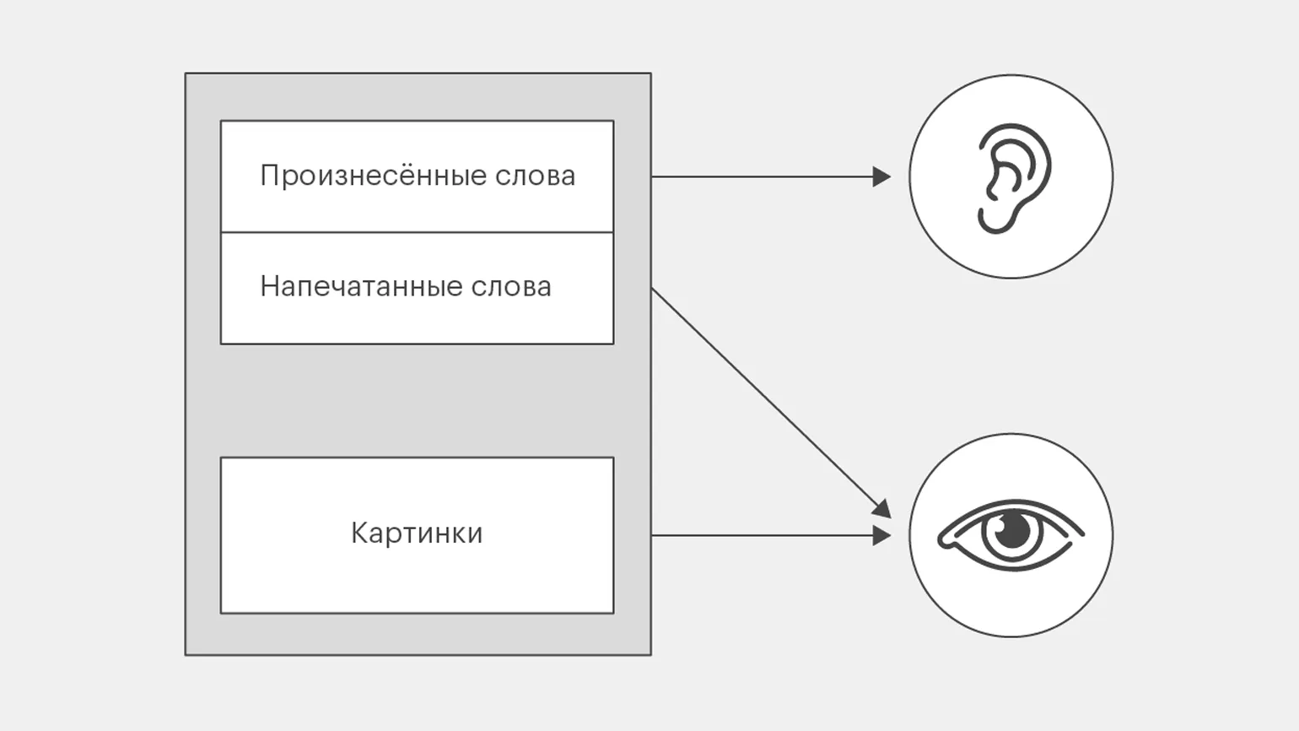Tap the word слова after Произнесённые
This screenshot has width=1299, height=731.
click(x=536, y=176)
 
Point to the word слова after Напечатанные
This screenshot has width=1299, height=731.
click(x=511, y=286)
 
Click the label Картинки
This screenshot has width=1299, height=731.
click(x=417, y=533)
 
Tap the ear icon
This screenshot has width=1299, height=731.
click(x=1011, y=177)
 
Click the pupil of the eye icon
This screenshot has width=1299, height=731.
click(x=1011, y=531)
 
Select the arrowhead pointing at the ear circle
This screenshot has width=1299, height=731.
click(x=882, y=176)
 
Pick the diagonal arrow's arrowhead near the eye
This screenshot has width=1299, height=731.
click(x=882, y=508)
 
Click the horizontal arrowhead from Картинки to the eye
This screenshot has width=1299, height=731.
click(x=882, y=535)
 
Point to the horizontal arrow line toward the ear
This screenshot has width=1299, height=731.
click(x=759, y=176)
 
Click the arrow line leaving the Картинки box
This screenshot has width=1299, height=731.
click(x=759, y=535)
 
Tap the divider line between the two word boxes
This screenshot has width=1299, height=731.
click(x=417, y=232)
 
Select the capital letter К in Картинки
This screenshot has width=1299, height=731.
click(x=359, y=533)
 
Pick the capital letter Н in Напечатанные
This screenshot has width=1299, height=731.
click(x=269, y=286)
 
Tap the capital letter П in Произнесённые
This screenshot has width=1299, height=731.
click(x=269, y=176)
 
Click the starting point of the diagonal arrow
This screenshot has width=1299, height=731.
click(x=653, y=290)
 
